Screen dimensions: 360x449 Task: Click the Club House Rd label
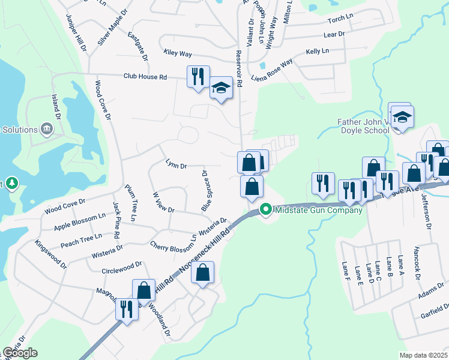click(x=145, y=77)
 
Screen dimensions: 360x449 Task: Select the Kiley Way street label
click(x=178, y=53)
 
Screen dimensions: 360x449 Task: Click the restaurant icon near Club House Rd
click(x=198, y=77)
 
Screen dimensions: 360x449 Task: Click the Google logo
click(x=19, y=353)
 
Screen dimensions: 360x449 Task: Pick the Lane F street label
click(x=346, y=270)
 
